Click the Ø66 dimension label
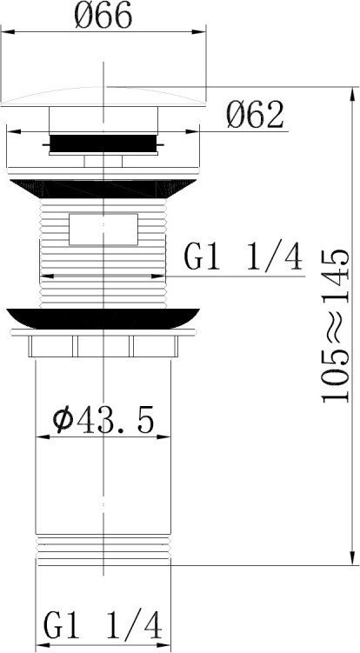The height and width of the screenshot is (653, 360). pos(103,15)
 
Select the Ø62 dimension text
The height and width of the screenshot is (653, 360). pos(255,115)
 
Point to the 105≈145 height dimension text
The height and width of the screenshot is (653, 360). pos(335,326)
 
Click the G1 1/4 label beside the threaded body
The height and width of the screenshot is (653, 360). pos(243,257)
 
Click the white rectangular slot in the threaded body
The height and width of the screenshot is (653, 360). pos(103,229)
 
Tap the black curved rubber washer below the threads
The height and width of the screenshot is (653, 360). pos(103,318)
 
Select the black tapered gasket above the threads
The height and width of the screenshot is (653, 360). pos(103,189)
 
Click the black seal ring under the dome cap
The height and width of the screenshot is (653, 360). pos(103,143)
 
